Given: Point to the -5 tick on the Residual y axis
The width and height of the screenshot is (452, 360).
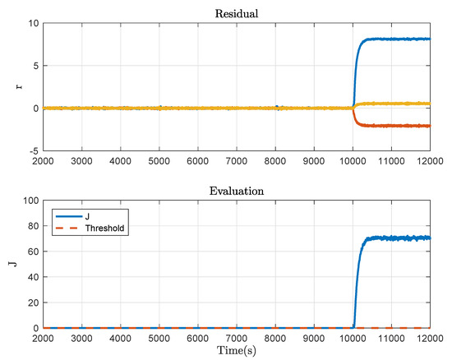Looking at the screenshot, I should click(x=30, y=150).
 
